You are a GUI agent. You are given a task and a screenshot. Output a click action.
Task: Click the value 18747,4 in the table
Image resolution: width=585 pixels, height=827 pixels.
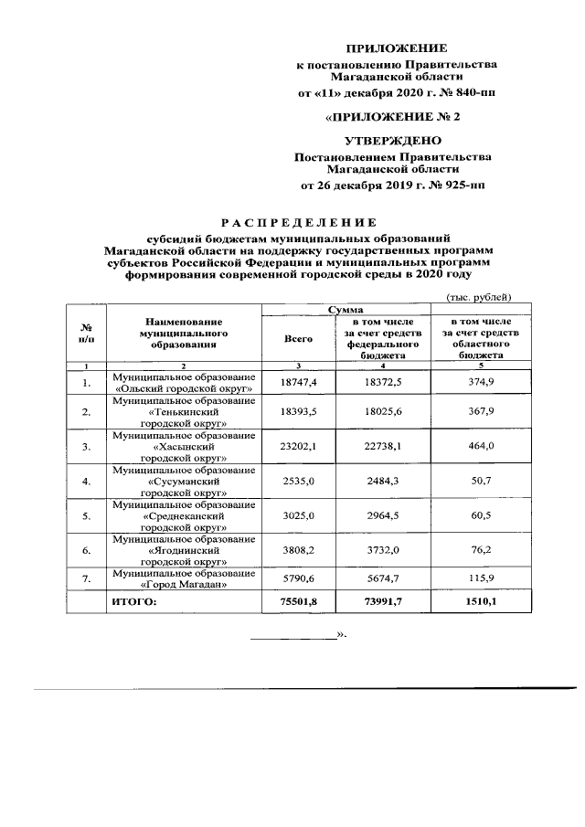point(299,382)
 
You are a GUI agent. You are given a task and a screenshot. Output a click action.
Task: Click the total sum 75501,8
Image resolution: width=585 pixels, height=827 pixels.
point(299,603)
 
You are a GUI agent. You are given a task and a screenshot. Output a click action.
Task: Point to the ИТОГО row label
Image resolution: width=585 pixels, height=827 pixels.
point(134,603)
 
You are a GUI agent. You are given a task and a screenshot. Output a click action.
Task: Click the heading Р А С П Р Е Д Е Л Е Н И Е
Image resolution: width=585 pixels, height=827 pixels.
point(300,222)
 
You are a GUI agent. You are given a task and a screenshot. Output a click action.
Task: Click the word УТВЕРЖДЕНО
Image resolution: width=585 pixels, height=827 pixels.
point(391,141)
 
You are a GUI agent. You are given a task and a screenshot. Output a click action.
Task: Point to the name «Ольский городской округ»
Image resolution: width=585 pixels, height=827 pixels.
point(184,388)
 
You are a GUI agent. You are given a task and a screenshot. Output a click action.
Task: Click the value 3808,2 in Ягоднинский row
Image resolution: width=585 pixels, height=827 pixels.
point(299,551)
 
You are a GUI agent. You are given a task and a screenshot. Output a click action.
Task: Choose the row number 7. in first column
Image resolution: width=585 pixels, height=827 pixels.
point(86,579)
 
